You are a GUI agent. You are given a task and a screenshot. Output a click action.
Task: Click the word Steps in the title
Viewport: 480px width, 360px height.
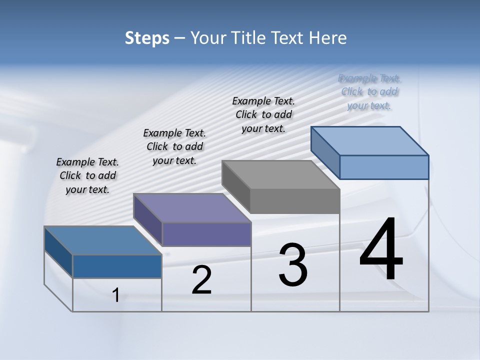coord(147,38)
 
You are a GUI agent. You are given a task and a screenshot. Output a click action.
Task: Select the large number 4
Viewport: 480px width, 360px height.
coord(381,250)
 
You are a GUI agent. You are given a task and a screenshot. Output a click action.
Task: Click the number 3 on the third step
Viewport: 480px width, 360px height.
coord(293,265)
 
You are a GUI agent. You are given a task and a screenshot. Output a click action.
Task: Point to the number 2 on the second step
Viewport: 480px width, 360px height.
coord(202,280)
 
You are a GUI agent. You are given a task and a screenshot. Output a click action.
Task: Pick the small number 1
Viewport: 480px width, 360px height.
coord(116,295)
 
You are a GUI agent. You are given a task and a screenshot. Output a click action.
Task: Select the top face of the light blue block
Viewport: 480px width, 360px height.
coord(370,140)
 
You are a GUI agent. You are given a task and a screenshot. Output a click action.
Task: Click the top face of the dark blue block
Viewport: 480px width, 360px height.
coord(102,240)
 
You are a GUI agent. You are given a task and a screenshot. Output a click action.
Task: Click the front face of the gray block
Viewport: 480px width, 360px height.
coord(295,201)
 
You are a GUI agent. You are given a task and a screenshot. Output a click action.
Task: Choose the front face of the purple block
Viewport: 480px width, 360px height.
coord(206,234)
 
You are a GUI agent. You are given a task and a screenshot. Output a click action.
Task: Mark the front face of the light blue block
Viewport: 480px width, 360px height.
coord(384,167)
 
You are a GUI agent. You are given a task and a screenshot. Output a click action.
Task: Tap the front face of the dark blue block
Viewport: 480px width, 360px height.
coord(117,266)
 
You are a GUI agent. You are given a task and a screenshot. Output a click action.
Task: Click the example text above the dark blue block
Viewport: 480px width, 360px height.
coord(87,175)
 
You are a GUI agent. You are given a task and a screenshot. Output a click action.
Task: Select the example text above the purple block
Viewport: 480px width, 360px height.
coord(174,146)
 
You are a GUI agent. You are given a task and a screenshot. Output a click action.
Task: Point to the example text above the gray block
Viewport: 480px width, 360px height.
coord(263,114)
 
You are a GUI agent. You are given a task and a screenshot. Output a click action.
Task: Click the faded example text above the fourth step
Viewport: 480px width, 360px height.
coord(369,91)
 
